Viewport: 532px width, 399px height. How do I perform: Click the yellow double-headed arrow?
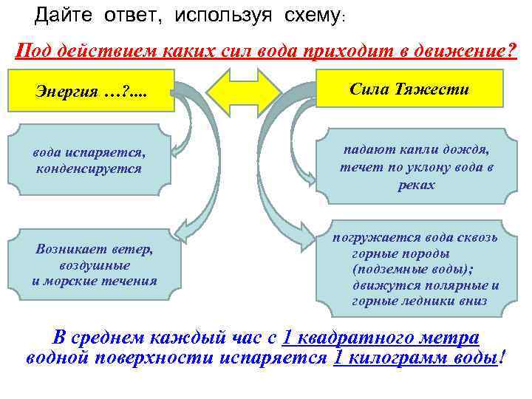(x=244, y=91)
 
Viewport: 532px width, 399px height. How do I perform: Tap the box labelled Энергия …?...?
(x=92, y=91)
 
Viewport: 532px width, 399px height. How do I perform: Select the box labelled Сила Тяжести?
(x=419, y=89)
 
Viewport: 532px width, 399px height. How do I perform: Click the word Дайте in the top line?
(x=62, y=14)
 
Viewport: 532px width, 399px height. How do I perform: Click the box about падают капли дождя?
(x=417, y=166)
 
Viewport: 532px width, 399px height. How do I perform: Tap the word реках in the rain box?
(x=417, y=185)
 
